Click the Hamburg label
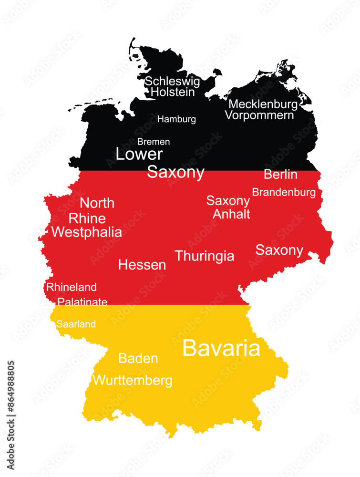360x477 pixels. click(x=176, y=119)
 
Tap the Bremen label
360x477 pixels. click(x=154, y=142)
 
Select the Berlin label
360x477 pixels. click(x=280, y=175)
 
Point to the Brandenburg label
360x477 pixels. click(x=284, y=192)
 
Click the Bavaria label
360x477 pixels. click(x=221, y=348)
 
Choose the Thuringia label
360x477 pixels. click(x=205, y=256)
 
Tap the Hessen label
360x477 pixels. click(x=142, y=265)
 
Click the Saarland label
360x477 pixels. click(x=76, y=324)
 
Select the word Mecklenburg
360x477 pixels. click(x=263, y=104)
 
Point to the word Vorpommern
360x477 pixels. click(x=259, y=115)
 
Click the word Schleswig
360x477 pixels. click(x=173, y=82)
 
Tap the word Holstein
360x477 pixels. click(x=173, y=92)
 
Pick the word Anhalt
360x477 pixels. click(x=231, y=214)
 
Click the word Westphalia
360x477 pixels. click(x=87, y=232)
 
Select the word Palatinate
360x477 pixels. click(x=82, y=302)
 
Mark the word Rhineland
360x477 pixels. click(x=71, y=287)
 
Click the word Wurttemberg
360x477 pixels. click(x=133, y=381)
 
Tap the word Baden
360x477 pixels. click(x=138, y=358)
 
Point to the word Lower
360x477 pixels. click(x=139, y=154)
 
